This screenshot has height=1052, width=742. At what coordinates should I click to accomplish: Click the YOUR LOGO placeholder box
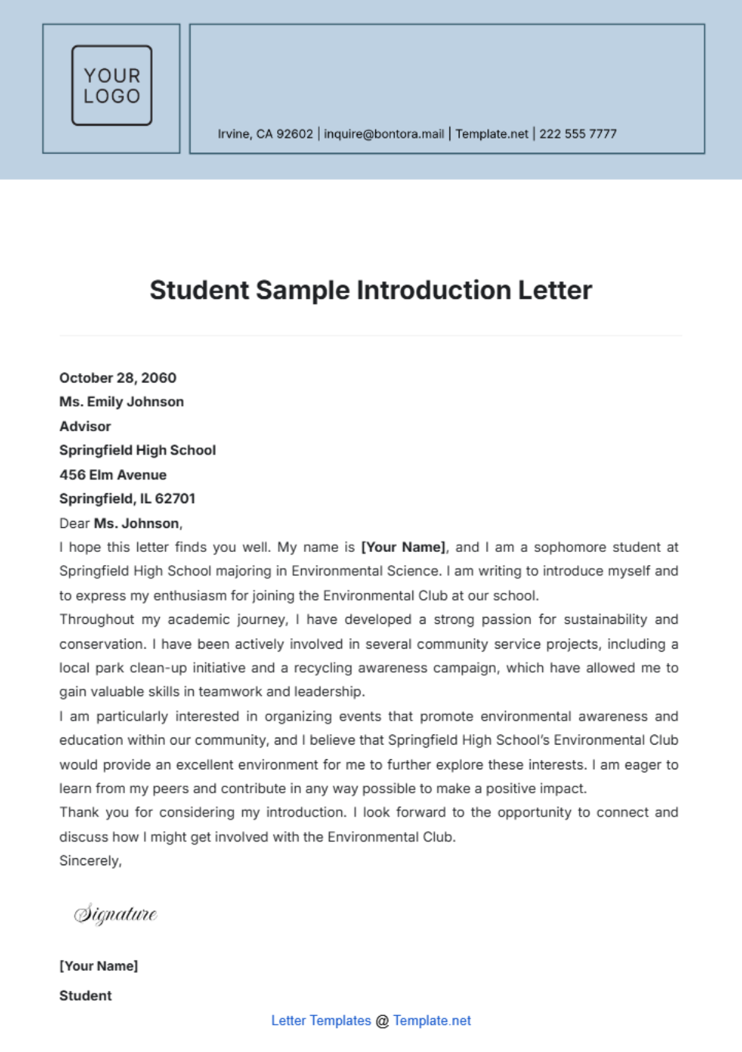[112, 85]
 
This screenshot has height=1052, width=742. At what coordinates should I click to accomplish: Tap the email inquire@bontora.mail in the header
[384, 134]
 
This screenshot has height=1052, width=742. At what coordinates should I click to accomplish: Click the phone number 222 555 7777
[578, 134]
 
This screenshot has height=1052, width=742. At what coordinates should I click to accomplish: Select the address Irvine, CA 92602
[265, 134]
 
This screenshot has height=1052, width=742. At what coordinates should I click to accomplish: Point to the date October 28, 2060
[117, 377]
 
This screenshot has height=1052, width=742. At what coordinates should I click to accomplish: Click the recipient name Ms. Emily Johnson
[122, 402]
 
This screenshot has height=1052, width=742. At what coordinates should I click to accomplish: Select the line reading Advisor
[85, 426]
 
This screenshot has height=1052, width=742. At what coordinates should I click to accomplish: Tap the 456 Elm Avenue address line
[113, 475]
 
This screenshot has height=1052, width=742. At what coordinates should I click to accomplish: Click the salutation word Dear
[75, 524]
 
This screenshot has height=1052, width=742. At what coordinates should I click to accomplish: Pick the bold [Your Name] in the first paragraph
[403, 547]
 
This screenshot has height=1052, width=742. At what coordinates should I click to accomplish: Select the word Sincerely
[90, 861]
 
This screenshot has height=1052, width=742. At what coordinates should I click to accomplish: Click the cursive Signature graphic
[116, 914]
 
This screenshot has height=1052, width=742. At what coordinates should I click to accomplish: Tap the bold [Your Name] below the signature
[99, 966]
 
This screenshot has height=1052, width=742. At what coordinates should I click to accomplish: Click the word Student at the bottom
[85, 996]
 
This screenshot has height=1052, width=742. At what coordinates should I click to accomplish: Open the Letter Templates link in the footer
[321, 1020]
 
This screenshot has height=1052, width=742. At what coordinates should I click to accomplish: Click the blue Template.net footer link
[432, 1020]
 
